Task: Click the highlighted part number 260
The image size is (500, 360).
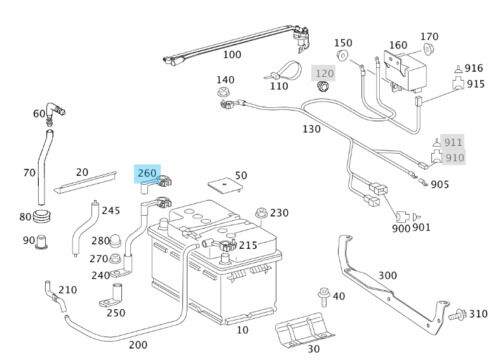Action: coord(147,173)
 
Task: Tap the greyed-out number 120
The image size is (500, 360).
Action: coord(325,73)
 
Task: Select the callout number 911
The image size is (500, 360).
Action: coord(453,142)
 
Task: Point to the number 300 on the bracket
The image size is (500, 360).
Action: coord(388,275)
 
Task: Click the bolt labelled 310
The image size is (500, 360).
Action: coord(457,314)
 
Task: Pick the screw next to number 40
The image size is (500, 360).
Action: coord(323,296)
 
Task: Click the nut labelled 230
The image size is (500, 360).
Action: coord(261,213)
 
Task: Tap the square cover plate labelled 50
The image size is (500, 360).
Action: coord(225,185)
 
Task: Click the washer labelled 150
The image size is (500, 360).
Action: coord(342,56)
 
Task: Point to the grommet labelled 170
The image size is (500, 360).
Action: coord(429,49)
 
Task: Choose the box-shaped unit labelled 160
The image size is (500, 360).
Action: coord(405,71)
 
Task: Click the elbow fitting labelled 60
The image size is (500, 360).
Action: coord(54,111)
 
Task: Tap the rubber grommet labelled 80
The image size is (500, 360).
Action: coord(42,217)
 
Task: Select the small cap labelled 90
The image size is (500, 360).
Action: coord(41,242)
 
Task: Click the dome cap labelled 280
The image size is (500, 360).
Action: coord(115,240)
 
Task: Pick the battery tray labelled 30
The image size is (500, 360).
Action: coord(304,330)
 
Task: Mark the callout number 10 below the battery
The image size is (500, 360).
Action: coord(242,330)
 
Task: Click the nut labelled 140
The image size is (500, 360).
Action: coord(222,91)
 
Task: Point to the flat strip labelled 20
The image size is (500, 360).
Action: coord(85,182)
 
